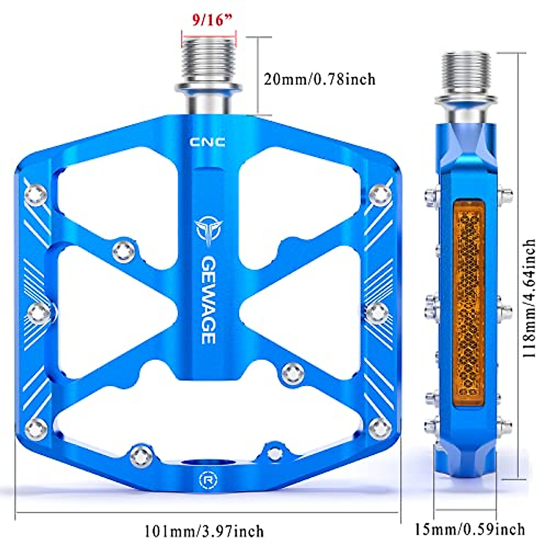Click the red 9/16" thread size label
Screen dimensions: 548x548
(x=209, y=21)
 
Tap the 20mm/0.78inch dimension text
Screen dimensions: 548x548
(x=320, y=79)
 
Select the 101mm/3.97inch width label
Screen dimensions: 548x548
(x=204, y=531)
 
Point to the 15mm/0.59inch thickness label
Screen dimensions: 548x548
(x=470, y=529)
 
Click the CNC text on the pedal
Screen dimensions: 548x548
(x=207, y=142)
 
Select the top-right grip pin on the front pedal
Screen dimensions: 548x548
(x=380, y=194)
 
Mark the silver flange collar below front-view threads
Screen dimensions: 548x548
(x=208, y=88)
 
